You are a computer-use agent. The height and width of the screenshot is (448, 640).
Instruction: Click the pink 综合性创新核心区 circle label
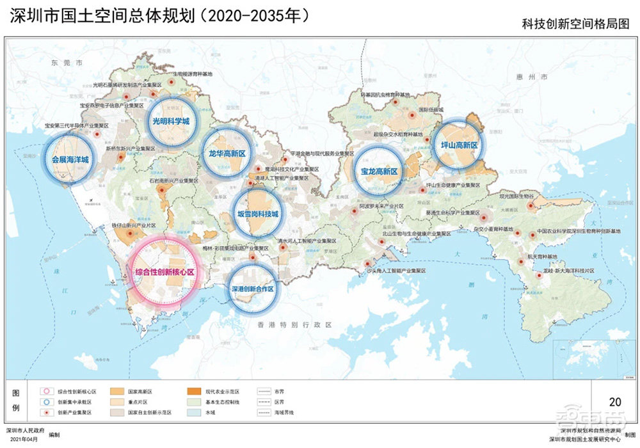click(x=164, y=272)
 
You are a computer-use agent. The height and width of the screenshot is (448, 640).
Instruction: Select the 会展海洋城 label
click(x=70, y=158)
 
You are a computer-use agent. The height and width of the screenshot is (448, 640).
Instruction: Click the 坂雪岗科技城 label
click(x=257, y=214)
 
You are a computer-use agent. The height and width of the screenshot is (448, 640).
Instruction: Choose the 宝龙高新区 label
click(x=380, y=172)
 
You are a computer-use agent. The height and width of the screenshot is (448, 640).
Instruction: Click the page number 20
click(x=615, y=402)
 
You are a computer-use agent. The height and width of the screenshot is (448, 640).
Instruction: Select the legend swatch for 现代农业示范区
click(x=193, y=390)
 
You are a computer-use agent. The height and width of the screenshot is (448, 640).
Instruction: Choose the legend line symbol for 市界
click(x=263, y=390)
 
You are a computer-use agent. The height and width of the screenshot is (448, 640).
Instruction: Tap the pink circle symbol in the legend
click(x=45, y=390)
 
